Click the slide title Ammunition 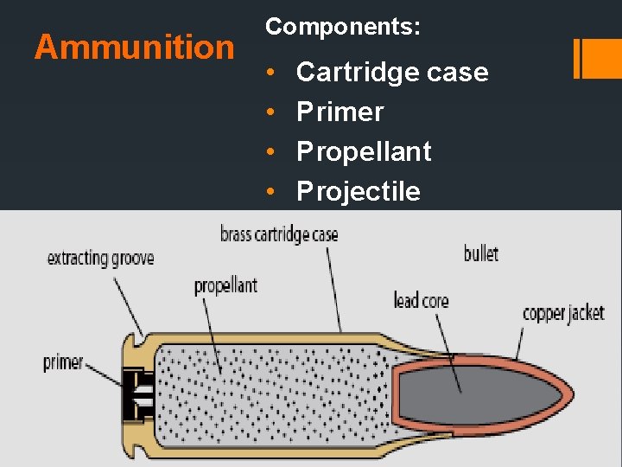(134, 47)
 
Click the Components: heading (343, 27)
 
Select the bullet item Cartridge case (392, 72)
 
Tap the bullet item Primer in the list (340, 112)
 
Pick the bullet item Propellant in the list (364, 151)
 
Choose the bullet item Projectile (359, 191)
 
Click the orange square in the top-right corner (597, 58)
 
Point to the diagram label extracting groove (100, 258)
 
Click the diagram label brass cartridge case (278, 234)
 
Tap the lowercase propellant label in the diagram (225, 285)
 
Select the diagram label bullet (481, 253)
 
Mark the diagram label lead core (421, 300)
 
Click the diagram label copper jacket (563, 313)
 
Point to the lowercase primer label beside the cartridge (63, 362)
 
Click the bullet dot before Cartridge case (271, 73)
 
